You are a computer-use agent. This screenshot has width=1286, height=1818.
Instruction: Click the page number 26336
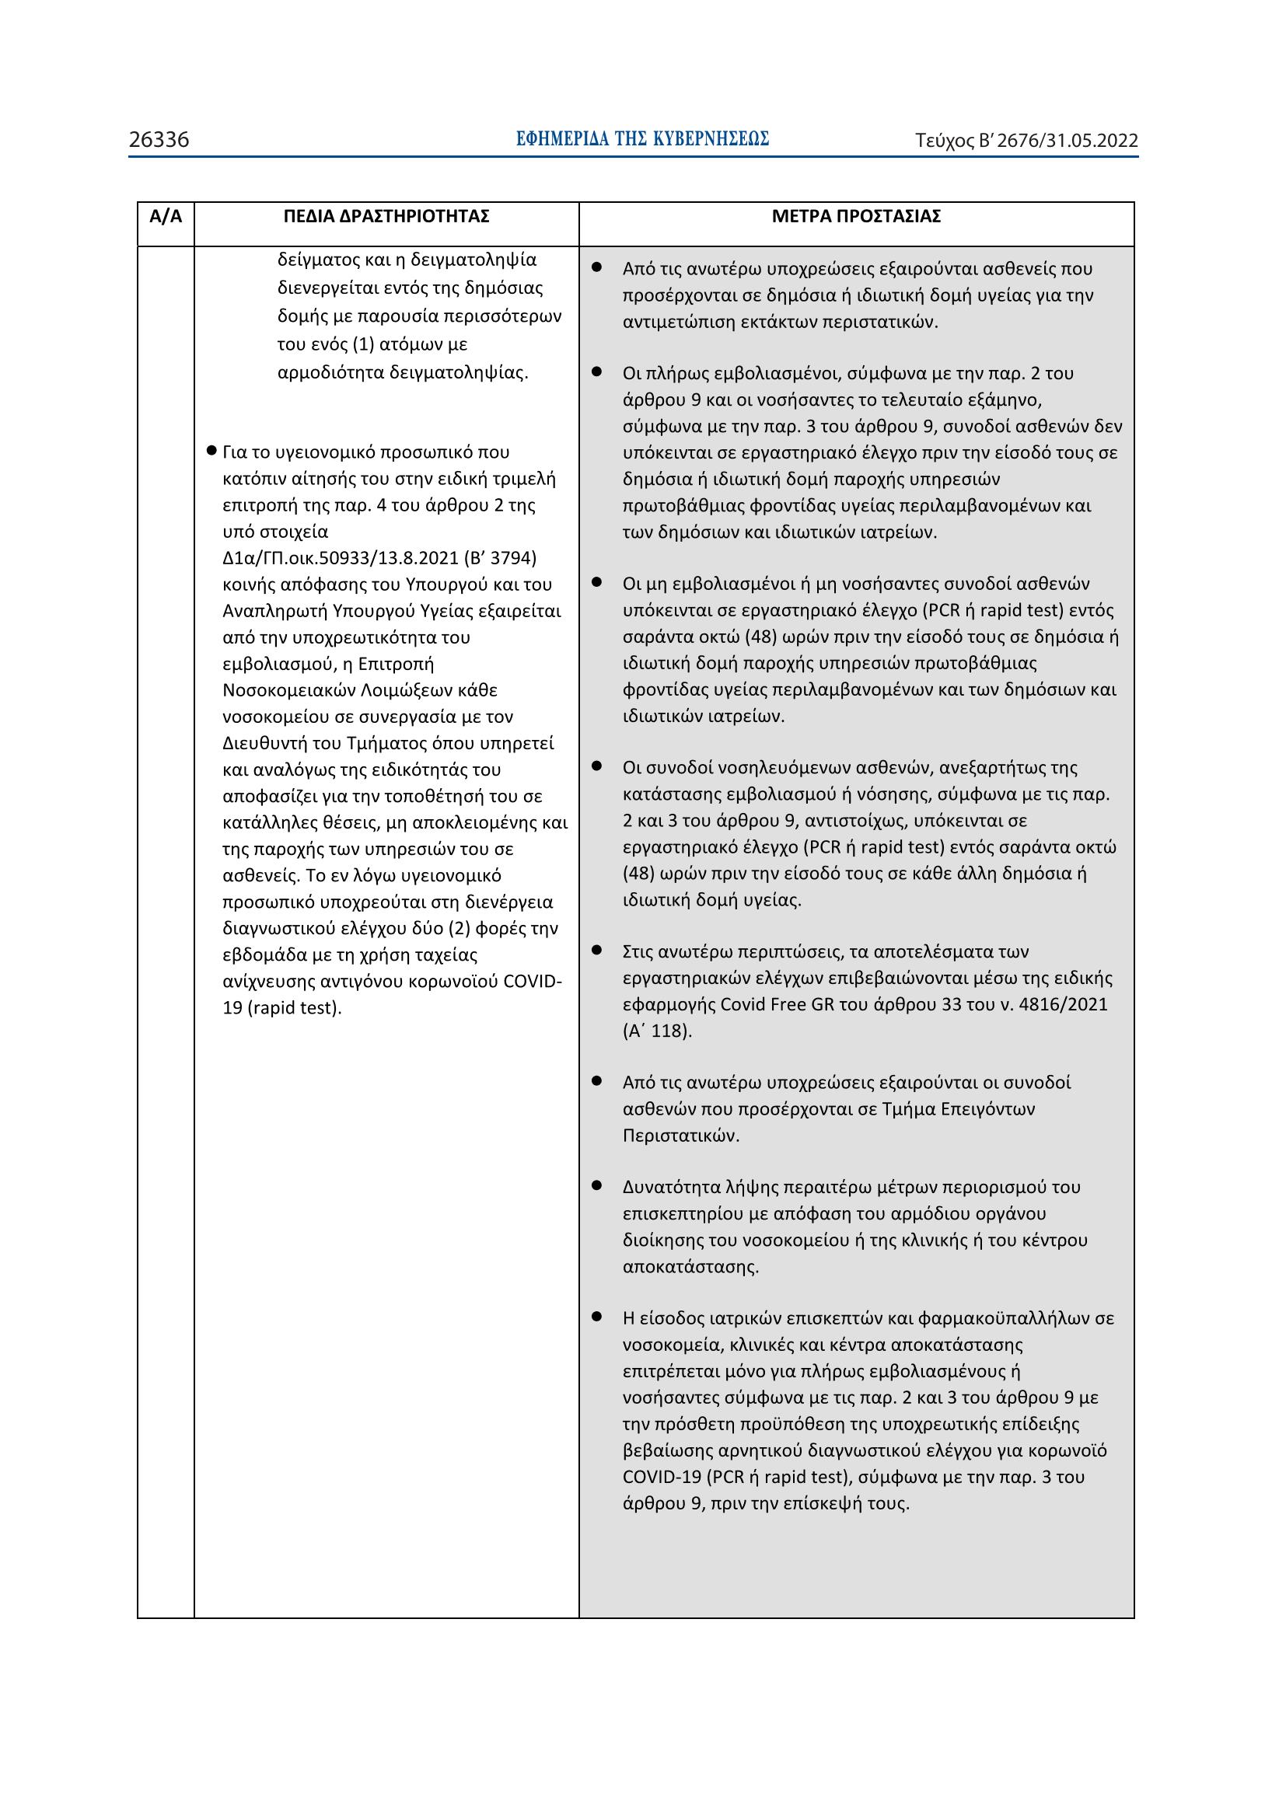point(159,140)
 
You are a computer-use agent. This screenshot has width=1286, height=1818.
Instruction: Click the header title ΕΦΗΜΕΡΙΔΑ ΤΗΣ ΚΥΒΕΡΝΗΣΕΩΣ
point(642,139)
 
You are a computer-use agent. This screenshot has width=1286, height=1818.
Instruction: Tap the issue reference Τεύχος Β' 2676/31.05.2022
point(1026,141)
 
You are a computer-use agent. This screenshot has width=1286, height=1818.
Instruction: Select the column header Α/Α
point(166,216)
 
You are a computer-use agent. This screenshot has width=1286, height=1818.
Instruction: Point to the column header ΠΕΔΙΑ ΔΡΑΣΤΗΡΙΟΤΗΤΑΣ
point(386,216)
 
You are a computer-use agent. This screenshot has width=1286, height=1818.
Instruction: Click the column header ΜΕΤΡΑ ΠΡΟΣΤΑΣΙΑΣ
point(856,216)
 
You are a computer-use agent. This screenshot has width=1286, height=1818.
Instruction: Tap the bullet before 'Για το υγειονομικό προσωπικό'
point(211,452)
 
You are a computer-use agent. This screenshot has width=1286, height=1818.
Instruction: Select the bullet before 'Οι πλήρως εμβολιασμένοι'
point(597,372)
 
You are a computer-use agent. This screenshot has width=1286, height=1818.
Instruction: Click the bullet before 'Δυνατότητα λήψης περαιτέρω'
point(597,1185)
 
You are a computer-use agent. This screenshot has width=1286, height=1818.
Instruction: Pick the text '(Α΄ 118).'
point(657,1031)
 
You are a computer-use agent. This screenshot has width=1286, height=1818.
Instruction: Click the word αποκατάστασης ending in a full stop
point(690,1266)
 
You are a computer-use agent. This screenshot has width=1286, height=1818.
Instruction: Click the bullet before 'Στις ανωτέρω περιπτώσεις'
point(597,950)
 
